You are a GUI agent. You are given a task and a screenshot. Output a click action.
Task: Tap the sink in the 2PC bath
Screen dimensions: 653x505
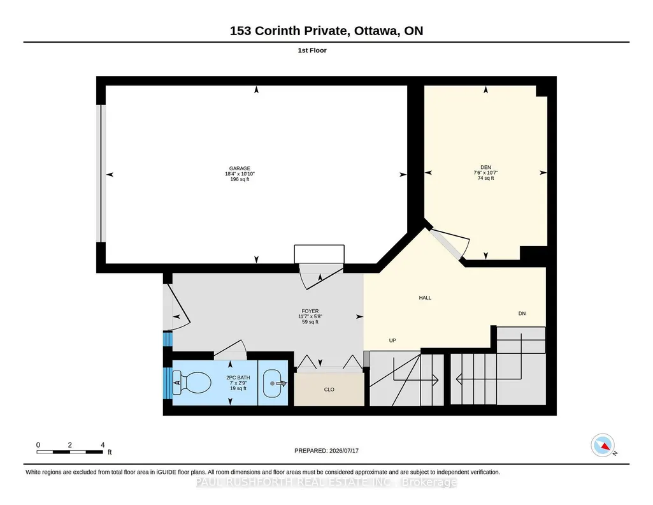tap(275, 383)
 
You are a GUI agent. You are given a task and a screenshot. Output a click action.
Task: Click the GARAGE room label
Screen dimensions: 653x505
tap(240, 168)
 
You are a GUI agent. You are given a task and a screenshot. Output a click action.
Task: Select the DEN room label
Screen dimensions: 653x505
tap(485, 167)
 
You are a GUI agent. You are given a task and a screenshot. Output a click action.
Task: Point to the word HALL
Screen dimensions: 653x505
tap(425, 298)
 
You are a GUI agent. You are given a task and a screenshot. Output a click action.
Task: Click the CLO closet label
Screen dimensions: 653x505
tap(329, 390)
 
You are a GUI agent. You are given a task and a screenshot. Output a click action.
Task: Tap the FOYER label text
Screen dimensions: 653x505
tap(310, 311)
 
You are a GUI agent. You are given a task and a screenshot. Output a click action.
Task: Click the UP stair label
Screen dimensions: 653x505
tap(392, 340)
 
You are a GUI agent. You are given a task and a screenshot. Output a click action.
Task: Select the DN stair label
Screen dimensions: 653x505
tap(522, 313)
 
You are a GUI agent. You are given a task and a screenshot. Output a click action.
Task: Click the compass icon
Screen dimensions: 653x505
tap(603, 445)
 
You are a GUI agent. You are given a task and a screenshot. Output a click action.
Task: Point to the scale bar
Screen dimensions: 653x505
tap(69, 451)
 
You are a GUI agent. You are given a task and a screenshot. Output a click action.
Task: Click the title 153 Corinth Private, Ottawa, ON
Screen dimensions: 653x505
tap(326, 31)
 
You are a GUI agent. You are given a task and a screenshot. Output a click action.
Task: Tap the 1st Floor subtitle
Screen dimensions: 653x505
tap(312, 50)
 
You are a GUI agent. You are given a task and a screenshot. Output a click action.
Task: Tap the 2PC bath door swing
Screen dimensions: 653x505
tap(230, 351)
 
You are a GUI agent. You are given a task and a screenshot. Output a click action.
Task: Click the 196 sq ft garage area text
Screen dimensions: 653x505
tap(240, 180)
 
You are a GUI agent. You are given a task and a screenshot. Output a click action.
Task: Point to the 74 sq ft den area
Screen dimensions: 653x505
tap(485, 178)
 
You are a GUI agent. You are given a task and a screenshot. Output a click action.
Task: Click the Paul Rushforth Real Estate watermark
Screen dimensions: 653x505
tap(326, 482)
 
